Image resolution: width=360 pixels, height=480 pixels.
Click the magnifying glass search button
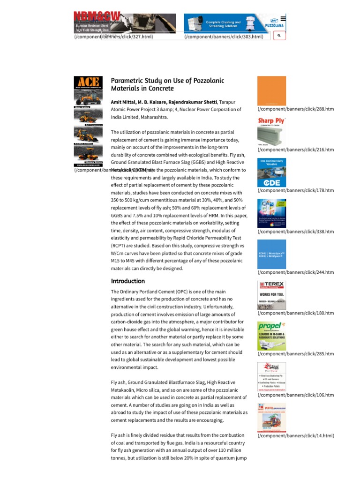coord(278,36)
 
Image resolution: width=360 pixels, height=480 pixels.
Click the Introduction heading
coord(128,281)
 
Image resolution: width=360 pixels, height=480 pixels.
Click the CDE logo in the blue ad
coord(271,182)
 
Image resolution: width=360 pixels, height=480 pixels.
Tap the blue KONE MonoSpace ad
coord(271,255)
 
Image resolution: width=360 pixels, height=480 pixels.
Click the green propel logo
coord(270,326)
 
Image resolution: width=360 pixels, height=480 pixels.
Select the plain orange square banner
coord(271,90)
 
